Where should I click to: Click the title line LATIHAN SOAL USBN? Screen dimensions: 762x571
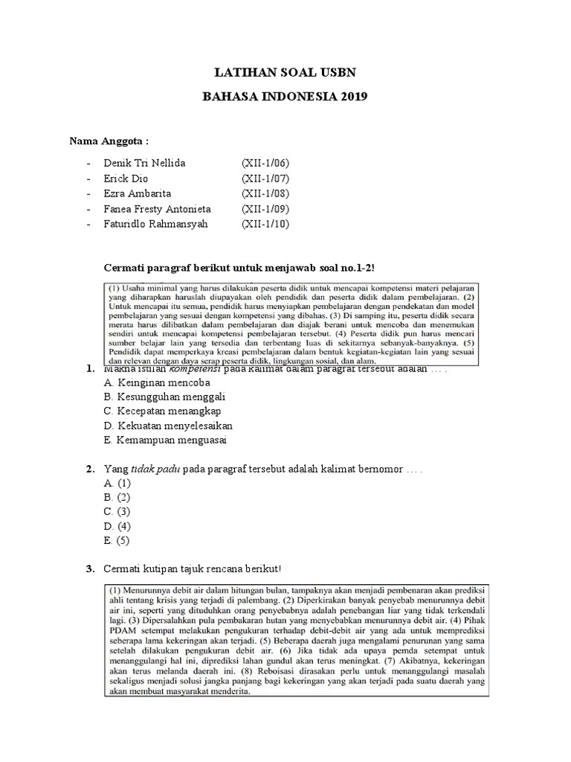[x=285, y=72]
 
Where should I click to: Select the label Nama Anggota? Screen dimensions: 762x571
[x=104, y=141]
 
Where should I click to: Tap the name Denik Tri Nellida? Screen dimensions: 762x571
[x=145, y=163]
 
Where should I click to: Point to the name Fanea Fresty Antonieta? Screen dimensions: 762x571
[x=158, y=209]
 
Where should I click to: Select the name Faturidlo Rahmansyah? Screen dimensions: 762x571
[x=156, y=224]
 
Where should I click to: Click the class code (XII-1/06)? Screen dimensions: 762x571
[x=265, y=163]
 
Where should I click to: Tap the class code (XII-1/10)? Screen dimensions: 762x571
[x=265, y=224]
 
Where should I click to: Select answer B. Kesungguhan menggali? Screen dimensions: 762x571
[x=164, y=397]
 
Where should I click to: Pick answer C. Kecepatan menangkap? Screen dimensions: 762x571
[x=162, y=411]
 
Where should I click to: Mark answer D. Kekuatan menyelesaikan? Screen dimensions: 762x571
[x=168, y=426]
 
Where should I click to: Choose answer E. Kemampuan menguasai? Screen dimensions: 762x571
[x=165, y=440]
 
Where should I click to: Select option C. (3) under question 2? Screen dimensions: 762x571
[x=117, y=512]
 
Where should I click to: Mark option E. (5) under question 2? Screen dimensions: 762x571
[x=117, y=540]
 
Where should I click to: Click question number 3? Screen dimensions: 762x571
[x=89, y=569]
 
